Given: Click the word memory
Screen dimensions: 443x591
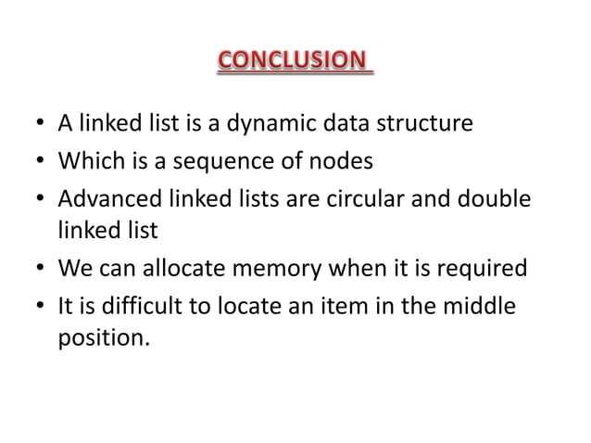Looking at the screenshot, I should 274,269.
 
